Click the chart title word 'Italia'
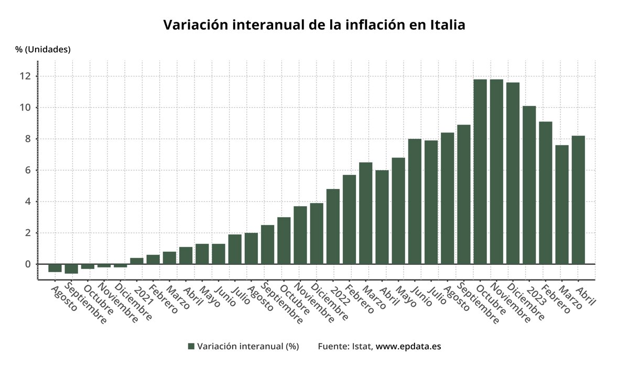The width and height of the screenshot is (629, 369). pos(447,25)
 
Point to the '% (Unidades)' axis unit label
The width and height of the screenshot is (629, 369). pos(42,50)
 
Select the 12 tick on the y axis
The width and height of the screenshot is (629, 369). pos(25,76)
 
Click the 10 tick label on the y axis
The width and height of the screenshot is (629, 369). pos(25,108)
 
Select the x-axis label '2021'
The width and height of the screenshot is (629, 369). pos(142,295)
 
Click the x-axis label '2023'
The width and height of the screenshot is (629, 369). pos(535,295)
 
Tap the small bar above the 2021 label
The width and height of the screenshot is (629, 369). pos(137,261)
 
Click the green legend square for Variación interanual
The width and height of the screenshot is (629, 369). pos(191,346)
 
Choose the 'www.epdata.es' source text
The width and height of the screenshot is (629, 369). pos(408,346)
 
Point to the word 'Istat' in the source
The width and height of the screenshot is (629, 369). pos(362,346)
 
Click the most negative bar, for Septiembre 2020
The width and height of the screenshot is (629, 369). pos(71,269)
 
